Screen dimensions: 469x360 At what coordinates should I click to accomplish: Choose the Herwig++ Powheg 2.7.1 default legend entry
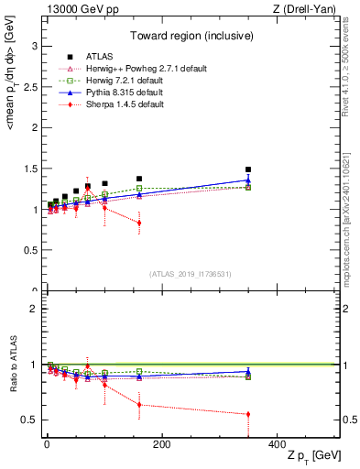coord(133,70)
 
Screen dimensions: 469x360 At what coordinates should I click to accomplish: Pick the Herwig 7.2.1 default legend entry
coord(119,82)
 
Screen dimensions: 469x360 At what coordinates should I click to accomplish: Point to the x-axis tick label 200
coord(161,444)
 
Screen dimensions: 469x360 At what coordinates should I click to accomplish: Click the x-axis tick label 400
coord(277,444)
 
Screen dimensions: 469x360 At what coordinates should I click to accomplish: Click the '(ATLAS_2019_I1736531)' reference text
coord(191,274)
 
